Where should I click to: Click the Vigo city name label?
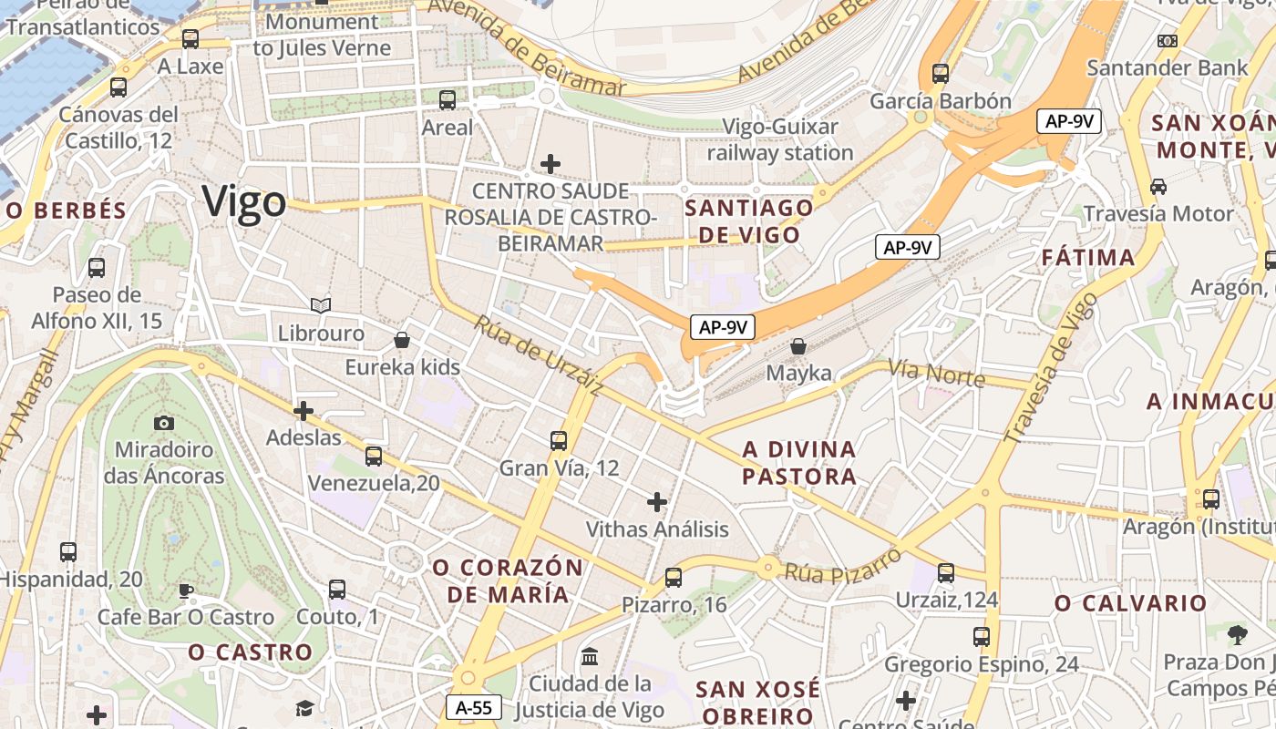[243, 201]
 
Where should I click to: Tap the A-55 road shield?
[474, 706]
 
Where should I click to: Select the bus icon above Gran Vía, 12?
[559, 441]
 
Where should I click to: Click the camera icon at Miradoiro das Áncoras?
[164, 423]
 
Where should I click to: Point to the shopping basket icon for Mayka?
[798, 346]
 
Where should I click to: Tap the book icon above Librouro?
[321, 305]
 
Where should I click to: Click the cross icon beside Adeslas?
[304, 411]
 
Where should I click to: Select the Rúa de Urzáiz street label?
[538, 354]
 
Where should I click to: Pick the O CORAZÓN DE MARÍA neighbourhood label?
[508, 580]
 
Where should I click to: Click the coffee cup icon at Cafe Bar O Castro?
[186, 590]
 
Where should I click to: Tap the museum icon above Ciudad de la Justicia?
[590, 656]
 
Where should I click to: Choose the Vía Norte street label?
[936, 373]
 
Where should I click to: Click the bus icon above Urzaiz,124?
[946, 572]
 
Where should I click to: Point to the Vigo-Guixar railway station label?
[780, 139]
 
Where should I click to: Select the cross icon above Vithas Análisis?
[657, 501]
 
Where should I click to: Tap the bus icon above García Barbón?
[941, 74]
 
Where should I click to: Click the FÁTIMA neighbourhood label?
[1089, 258]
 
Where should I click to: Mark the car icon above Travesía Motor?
[1158, 187]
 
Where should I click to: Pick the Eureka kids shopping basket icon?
[402, 340]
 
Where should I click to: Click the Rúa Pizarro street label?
[843, 564]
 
